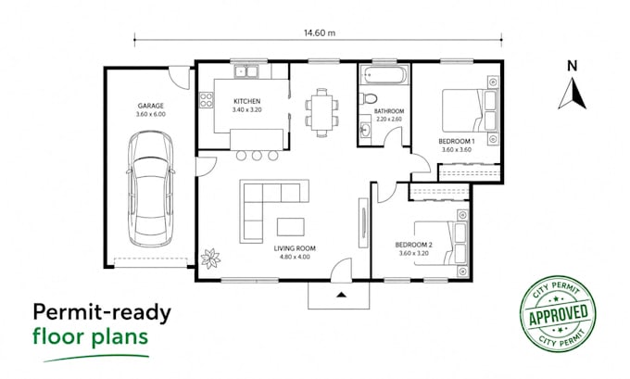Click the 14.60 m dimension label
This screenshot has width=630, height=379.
[x=320, y=33]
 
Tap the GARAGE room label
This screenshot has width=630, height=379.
[x=151, y=106]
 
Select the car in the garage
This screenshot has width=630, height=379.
[x=151, y=188]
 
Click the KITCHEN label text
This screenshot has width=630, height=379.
[x=247, y=101]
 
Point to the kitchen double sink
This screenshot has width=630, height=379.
[x=246, y=71]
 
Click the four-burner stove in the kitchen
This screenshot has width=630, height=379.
[x=206, y=100]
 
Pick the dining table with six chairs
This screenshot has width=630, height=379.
[x=321, y=113]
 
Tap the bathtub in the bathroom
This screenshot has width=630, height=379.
[x=384, y=75]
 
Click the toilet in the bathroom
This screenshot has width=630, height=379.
[x=369, y=98]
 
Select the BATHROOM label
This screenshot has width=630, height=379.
[x=389, y=111]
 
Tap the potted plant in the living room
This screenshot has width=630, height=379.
[x=210, y=258]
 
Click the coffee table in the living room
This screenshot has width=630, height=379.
[x=291, y=227]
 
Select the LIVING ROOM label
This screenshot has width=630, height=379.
[x=295, y=248]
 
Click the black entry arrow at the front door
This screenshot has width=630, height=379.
[x=341, y=295]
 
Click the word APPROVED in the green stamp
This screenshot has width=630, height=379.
[x=558, y=314]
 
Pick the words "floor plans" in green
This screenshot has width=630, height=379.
[x=91, y=336]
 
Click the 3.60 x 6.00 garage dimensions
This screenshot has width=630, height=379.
[x=151, y=114]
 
